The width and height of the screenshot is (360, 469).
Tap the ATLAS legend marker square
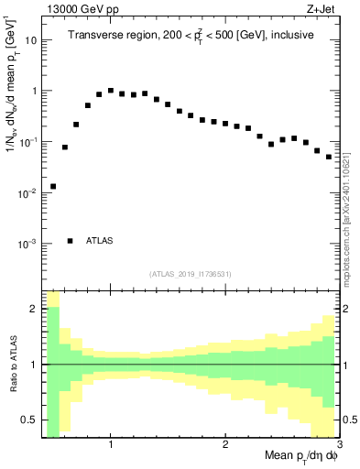(71, 241)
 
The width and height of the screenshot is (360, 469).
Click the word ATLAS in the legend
(100, 241)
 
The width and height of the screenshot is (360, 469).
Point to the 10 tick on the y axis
(30, 40)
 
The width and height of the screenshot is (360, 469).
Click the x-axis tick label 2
(224, 446)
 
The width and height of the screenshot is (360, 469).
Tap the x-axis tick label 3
(338, 446)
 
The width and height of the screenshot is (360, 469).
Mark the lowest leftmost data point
(53, 187)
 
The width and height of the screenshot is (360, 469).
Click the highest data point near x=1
(111, 91)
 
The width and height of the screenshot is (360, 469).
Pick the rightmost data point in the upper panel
(329, 157)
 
